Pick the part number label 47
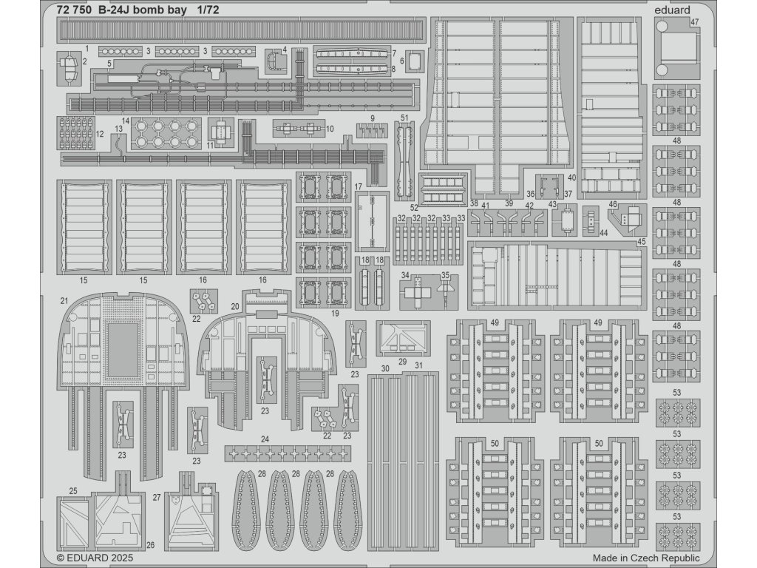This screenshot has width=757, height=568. tap(695, 22)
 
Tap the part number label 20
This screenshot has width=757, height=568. tap(234, 305)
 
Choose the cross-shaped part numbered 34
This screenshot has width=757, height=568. tap(416, 294)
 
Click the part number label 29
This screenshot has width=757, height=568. tap(402, 361)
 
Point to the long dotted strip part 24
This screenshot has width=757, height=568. tap(288, 452)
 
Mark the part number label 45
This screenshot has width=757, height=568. tap(641, 241)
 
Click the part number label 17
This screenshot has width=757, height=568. tap(357, 186)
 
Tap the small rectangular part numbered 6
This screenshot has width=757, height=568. tap(415, 61)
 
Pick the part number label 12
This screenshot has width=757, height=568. tap(100, 135)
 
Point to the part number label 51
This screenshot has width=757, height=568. tap(404, 118)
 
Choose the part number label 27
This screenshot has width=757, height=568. tap(157, 498)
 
